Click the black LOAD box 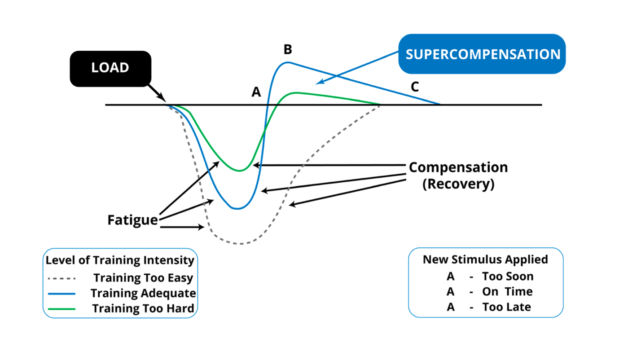pos(110,68)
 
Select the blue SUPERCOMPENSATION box pos(483,54)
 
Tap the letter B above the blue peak pos(288,49)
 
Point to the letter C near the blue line pos(415,87)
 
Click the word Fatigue pos(132,220)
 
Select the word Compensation pos(458,167)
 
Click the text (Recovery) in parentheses pos(458,184)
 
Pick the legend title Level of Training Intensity pos(120,260)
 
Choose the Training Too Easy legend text pos(143,278)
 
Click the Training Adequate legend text pos(143,293)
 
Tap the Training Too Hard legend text pos(143,308)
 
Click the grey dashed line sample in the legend pos(61,278)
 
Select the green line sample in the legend pos(61,309)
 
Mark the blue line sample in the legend pos(61,294)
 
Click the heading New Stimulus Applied pos(485,259)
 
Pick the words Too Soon pos(507,276)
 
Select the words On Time pos(507,291)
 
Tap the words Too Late pos(506,307)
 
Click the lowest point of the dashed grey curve pos(241,244)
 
